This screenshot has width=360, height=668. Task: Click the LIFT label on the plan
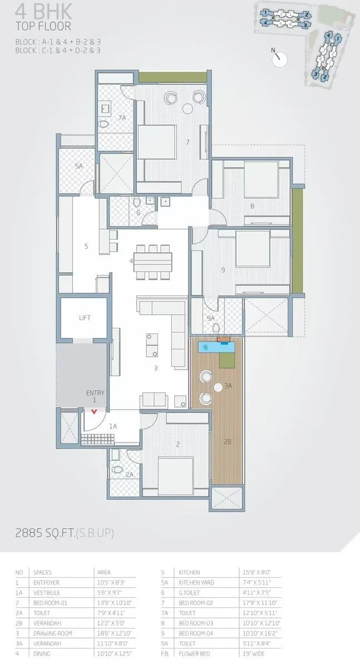(85, 318)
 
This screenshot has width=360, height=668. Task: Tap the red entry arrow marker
(94, 412)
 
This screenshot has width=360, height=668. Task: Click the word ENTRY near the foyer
(95, 393)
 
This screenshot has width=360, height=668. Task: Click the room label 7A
(122, 118)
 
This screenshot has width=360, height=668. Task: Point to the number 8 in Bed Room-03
(252, 206)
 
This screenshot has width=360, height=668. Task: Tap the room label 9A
(210, 318)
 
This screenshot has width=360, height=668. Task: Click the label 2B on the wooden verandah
(227, 441)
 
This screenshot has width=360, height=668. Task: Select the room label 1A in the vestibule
(113, 426)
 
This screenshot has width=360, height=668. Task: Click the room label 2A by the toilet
(129, 474)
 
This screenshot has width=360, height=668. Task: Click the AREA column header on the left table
(103, 572)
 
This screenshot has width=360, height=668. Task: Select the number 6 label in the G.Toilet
(139, 213)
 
